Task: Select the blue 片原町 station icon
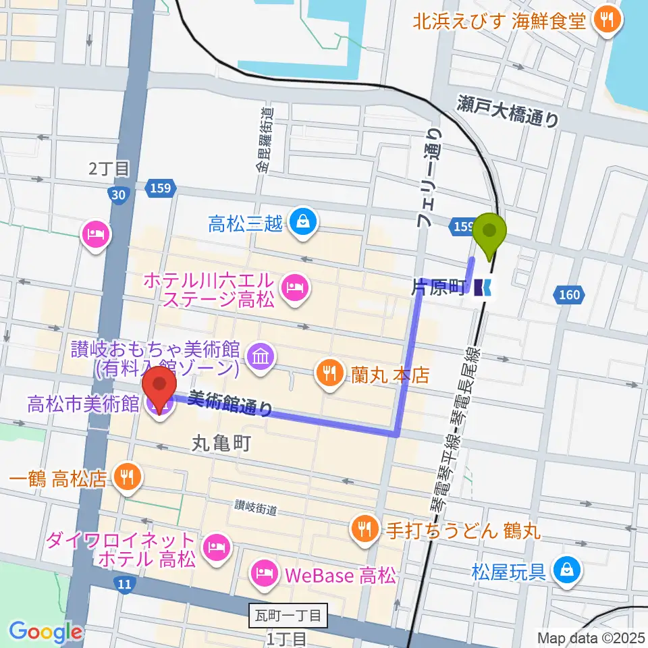tap(483, 288)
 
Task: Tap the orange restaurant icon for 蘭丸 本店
tap(329, 374)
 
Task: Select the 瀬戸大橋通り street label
tap(507, 111)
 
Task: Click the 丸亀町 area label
tap(222, 443)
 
